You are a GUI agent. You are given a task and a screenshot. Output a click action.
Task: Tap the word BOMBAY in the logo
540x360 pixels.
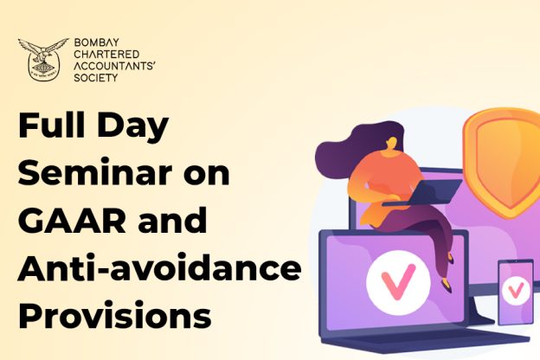click(x=92, y=42)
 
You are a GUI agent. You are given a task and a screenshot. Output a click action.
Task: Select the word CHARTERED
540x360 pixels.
click(x=106, y=54)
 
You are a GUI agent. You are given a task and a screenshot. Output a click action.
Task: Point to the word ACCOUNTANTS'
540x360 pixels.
click(x=114, y=66)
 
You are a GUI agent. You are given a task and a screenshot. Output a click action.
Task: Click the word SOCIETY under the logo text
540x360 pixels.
click(x=96, y=78)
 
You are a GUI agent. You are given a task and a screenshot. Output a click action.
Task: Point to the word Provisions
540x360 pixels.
click(x=115, y=316)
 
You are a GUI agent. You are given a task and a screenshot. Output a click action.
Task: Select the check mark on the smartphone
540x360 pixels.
click(x=515, y=291)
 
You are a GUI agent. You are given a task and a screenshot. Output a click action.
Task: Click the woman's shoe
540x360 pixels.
click(x=447, y=286)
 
